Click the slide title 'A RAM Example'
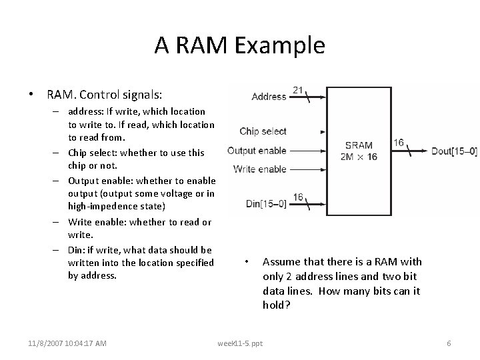coord(240,45)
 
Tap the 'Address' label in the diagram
coord(269,97)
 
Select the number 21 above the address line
coord(299,89)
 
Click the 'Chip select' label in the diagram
coord(263,132)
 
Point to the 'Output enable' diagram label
coord(257,151)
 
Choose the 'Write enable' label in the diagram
coord(260,169)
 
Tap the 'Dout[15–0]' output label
coord(454,151)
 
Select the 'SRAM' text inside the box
coord(359,145)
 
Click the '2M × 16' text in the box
coord(359,157)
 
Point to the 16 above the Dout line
coord(399,142)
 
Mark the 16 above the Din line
coord(299,197)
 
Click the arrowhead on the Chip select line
coord(323,132)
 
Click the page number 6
coord(449,343)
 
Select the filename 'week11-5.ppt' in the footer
coord(240,343)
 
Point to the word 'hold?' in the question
coord(275,305)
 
